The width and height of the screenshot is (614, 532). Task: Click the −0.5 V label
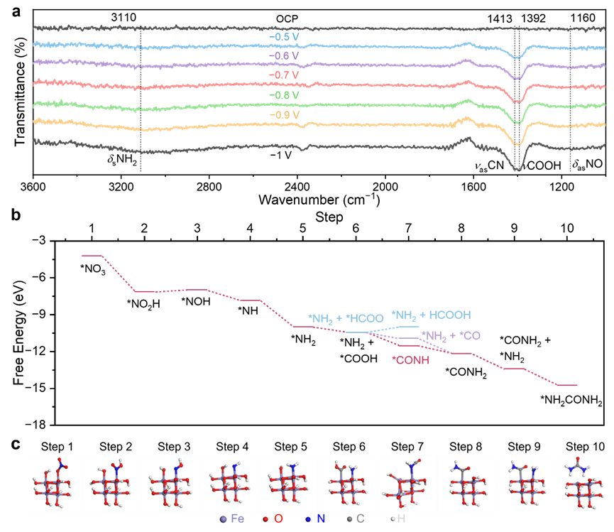[x=284, y=36]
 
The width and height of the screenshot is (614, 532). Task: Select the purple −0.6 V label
[x=284, y=55]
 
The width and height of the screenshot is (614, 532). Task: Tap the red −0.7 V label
[x=284, y=75]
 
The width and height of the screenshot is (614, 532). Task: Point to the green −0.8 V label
[x=284, y=94]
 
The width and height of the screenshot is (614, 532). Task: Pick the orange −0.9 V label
[x=284, y=114]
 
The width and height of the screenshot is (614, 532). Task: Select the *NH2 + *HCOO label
[x=346, y=319]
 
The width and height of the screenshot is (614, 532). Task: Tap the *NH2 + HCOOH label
[x=431, y=315]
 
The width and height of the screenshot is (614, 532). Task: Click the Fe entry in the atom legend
[x=231, y=519]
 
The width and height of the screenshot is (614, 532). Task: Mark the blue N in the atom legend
[x=316, y=519]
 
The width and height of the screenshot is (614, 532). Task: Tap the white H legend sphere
[x=393, y=520]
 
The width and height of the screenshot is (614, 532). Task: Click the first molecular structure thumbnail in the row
[x=54, y=483]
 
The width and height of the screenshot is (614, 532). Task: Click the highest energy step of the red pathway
[x=92, y=255]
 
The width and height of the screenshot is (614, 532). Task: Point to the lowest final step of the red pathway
[x=567, y=385]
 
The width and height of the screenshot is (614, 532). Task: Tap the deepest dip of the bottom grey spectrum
[x=518, y=169]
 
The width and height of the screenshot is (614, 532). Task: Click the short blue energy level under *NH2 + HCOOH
[x=407, y=327]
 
